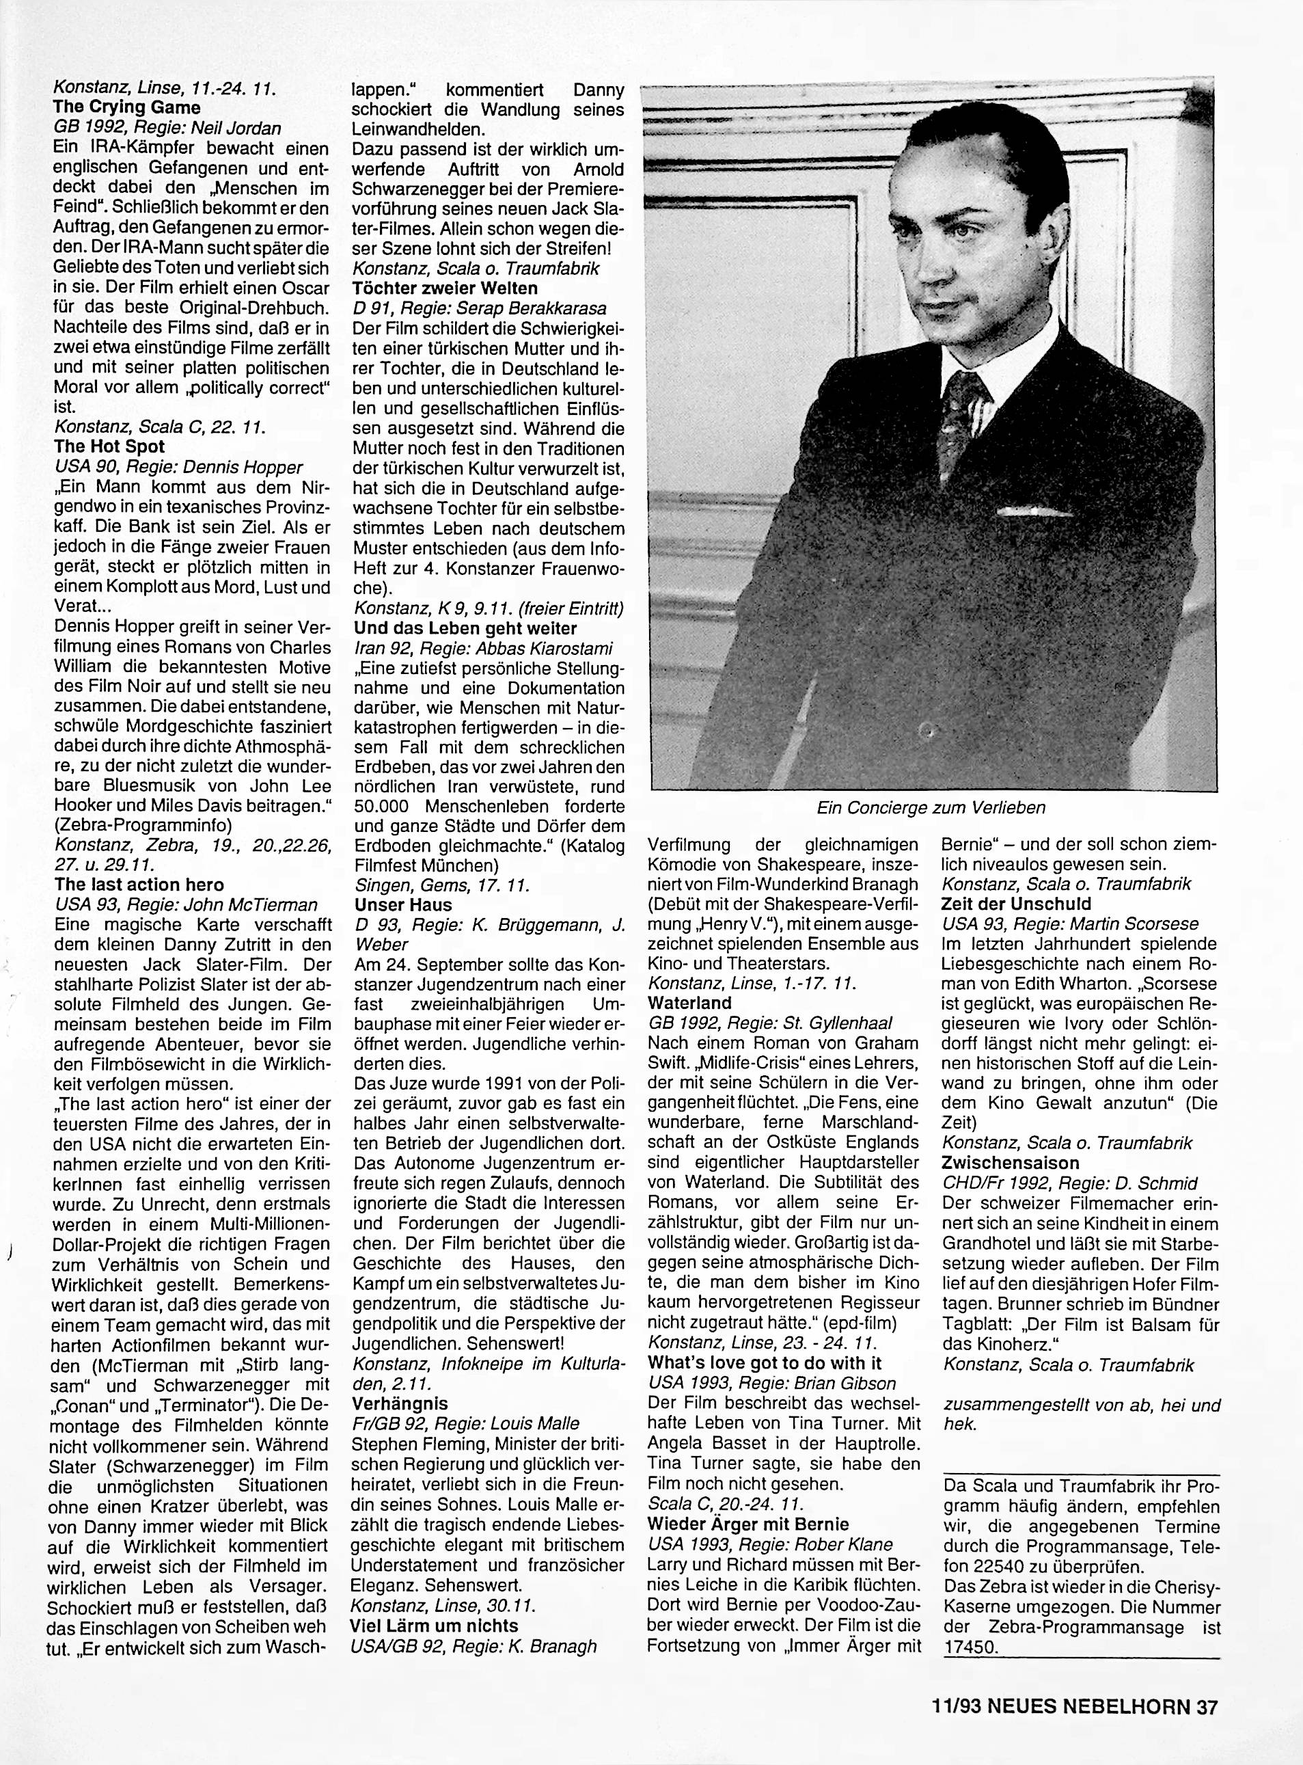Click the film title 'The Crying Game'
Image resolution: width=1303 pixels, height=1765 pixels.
[x=127, y=107]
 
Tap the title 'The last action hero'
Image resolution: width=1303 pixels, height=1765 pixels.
[x=139, y=885]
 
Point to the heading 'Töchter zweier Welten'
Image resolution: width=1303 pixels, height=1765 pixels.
[x=445, y=288]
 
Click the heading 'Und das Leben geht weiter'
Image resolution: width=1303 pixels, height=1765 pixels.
[x=465, y=629]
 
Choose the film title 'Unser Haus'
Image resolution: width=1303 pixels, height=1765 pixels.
[x=404, y=905]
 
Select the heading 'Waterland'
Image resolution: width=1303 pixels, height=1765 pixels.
[x=689, y=1003]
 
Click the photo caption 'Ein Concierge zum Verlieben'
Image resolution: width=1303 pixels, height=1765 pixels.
[x=931, y=807]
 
